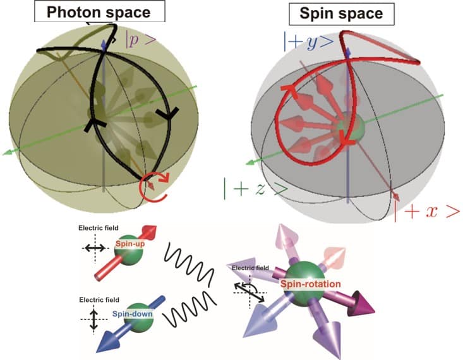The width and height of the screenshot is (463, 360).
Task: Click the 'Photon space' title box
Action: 100,11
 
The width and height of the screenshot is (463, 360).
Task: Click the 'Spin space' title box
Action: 341,14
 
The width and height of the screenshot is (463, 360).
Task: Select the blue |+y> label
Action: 309,40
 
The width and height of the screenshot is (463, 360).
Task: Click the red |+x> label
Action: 427,212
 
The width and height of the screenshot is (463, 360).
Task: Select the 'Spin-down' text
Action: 132,314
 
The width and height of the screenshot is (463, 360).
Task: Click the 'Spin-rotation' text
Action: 311,284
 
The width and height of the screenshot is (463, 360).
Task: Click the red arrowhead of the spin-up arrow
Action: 149,232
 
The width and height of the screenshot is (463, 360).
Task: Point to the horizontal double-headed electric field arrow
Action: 95,248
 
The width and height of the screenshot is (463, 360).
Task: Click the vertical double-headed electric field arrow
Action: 93,320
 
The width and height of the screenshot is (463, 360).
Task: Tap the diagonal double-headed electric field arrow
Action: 250,292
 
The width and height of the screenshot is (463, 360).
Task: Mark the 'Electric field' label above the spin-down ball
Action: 99,300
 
